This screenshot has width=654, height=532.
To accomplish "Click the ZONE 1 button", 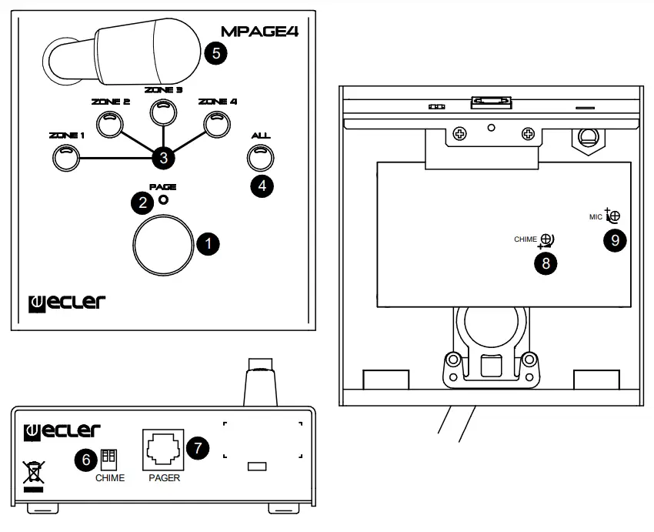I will [x=66, y=158].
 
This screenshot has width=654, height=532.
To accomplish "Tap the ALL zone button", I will [x=261, y=157].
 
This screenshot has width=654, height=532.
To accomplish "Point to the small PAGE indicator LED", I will [x=163, y=201].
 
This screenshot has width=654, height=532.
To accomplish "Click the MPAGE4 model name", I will [x=260, y=33].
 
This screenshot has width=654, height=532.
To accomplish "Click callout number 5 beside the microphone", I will [x=216, y=54].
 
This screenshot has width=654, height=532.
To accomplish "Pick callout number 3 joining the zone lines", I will [x=162, y=158].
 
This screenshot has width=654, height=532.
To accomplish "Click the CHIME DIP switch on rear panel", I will [x=108, y=459].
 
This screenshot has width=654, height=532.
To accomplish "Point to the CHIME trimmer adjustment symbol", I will [x=547, y=240].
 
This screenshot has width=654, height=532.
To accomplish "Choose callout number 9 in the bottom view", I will [x=614, y=240].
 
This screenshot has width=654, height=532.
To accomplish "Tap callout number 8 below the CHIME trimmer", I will [x=546, y=263].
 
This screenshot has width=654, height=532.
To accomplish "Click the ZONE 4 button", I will [x=216, y=123].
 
